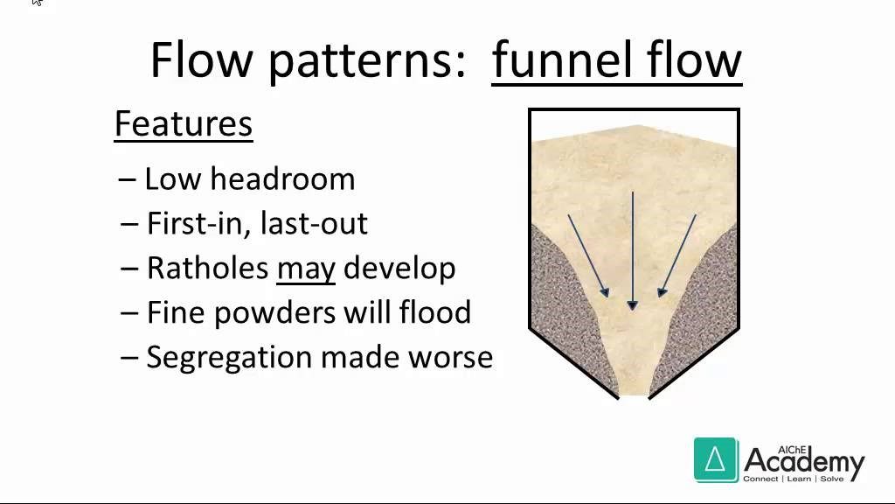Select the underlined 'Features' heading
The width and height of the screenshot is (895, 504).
pos(184,124)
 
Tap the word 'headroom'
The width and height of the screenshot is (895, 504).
pos(282,178)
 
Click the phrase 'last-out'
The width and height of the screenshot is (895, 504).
pos(314,223)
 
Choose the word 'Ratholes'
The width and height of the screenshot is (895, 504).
pos(208,268)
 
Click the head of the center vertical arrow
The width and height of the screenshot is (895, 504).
pos(632,304)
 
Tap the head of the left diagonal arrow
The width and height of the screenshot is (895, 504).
pos(605,292)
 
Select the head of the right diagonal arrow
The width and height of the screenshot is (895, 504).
pos(663,292)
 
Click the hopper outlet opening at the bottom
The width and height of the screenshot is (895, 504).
pos(634,395)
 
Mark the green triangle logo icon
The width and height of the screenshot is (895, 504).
pos(716,459)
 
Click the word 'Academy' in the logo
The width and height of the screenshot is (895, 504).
pos(804,462)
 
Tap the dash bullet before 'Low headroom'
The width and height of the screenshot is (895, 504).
pos(128,180)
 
